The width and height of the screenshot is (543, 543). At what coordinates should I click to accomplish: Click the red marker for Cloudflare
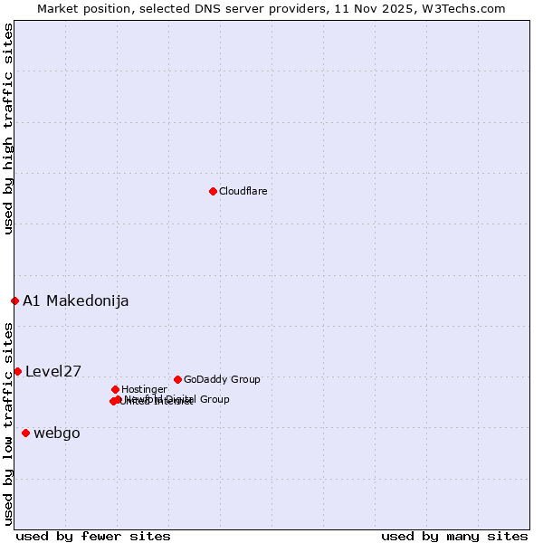[213, 191]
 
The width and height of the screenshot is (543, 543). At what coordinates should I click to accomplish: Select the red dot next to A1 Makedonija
[14, 300]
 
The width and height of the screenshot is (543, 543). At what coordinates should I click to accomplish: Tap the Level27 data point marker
[17, 371]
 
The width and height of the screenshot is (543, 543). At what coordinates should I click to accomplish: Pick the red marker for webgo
[25, 433]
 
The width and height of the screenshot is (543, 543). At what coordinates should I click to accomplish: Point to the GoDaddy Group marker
[177, 379]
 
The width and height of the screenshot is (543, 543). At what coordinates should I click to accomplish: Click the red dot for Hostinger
[115, 389]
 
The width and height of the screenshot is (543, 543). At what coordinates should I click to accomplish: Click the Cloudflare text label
[243, 191]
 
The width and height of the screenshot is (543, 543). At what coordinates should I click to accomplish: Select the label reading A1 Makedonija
[75, 300]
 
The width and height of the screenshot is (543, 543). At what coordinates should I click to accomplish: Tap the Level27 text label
[53, 371]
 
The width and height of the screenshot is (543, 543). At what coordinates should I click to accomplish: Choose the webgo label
[56, 433]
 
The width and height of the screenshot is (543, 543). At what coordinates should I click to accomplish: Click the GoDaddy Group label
[222, 379]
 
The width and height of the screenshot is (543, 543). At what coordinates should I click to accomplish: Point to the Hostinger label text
[144, 389]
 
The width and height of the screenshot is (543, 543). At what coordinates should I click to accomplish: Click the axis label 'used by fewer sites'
[93, 536]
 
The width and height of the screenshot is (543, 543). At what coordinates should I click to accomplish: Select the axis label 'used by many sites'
[454, 536]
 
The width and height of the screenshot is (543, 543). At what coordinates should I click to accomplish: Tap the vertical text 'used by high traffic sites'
[8, 129]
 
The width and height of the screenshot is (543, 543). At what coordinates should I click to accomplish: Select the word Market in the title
[58, 8]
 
